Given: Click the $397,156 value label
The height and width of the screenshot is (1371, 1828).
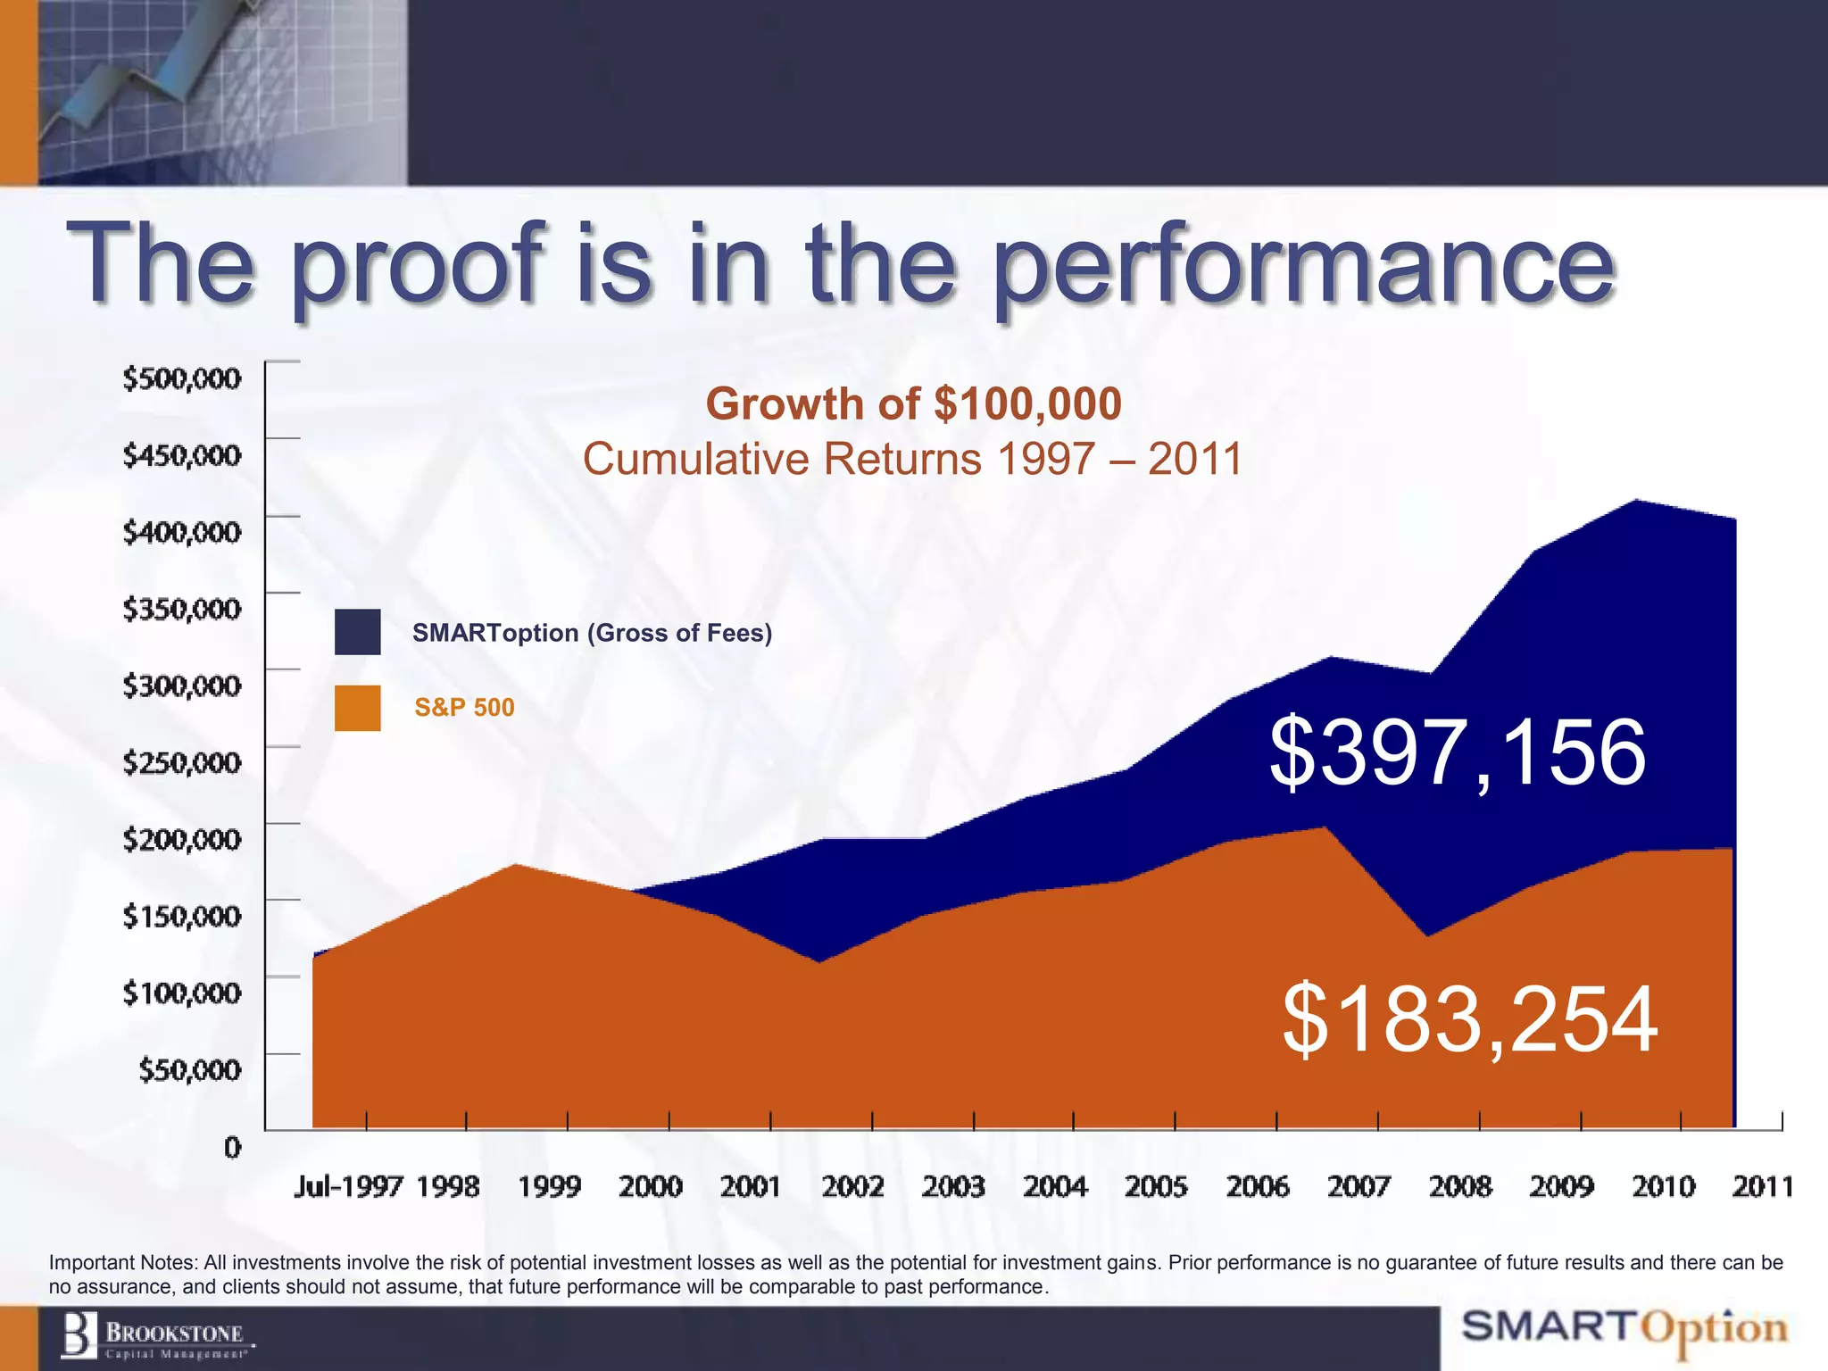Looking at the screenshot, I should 1457,753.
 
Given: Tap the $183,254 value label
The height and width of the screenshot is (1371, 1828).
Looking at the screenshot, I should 1469,1019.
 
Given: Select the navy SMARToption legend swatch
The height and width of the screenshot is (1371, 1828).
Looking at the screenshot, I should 357,632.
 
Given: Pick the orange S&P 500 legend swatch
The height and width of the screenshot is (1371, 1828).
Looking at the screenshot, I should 357,708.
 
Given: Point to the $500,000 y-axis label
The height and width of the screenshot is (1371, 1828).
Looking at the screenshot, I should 182,378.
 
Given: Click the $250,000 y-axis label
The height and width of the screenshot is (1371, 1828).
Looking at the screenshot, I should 182,762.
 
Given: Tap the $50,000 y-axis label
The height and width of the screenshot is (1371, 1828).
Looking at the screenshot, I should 189,1069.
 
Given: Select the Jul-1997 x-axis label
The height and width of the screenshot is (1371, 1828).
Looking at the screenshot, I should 348,1186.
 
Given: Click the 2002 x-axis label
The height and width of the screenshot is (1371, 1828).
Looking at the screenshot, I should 852,1186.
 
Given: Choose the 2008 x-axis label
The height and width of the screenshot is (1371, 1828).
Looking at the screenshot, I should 1459,1186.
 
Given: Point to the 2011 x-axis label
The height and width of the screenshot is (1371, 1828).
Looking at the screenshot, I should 1762,1186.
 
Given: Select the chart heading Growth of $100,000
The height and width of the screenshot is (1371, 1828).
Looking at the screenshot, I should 913,404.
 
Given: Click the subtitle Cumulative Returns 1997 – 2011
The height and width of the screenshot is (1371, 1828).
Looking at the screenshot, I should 912,460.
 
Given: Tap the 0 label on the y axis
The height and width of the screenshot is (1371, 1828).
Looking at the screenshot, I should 232,1147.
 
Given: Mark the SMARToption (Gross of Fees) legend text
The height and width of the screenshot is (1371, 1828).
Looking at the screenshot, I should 592,633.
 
